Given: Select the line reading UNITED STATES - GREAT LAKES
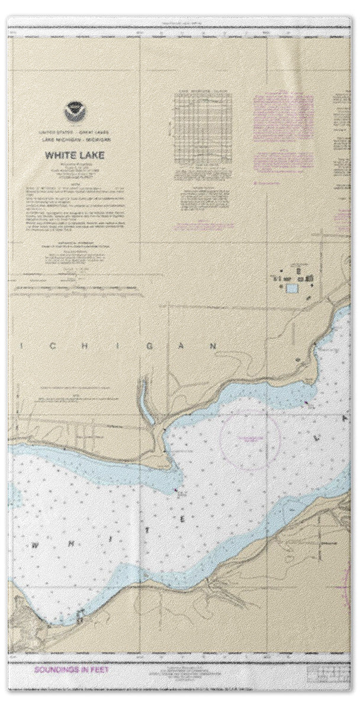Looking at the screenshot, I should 74,131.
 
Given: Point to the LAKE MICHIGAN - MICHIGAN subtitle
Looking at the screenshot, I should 74,139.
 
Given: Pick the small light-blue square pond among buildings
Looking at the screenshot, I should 292,289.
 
